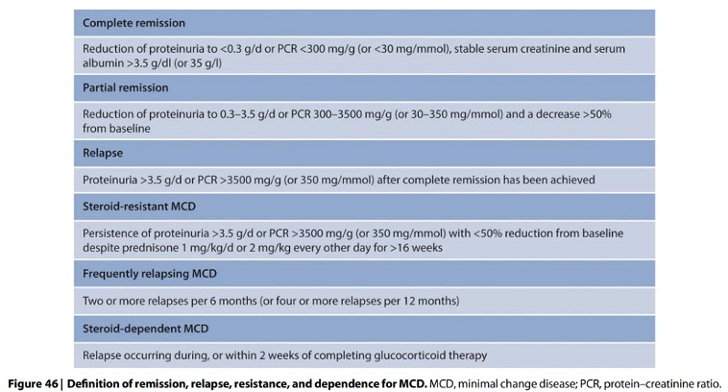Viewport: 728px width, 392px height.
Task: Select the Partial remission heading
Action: pyautogui.click(x=126, y=87)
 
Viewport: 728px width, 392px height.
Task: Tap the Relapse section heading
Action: pyautogui.click(x=105, y=152)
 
